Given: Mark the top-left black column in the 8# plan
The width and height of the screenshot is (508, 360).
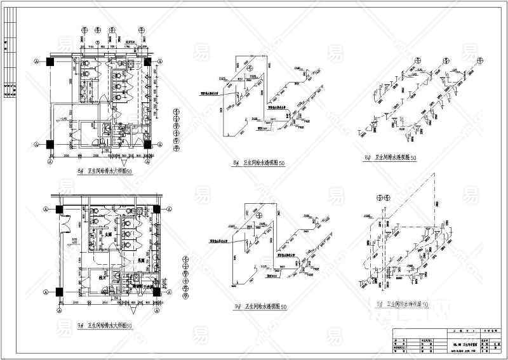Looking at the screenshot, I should click(51, 62).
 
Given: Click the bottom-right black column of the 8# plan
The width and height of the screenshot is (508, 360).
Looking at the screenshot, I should click(147, 144).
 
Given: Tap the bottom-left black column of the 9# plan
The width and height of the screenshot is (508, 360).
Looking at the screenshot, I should click(58, 291).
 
